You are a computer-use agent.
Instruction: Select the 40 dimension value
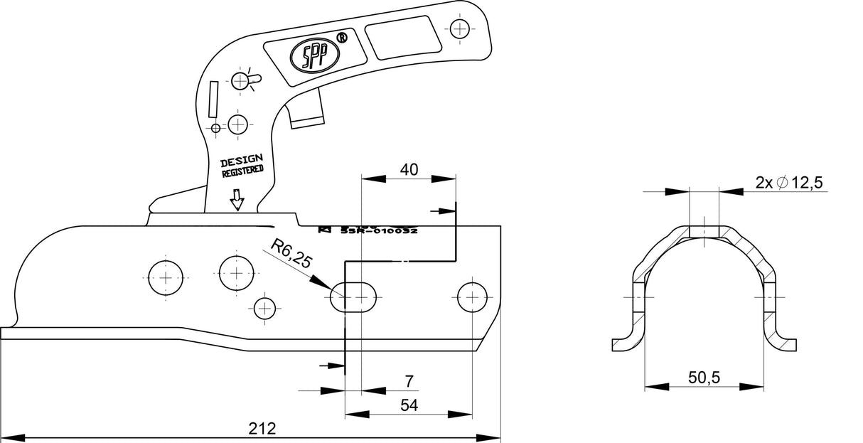pyautogui.click(x=409, y=169)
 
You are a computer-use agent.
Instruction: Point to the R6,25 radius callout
pyautogui.click(x=291, y=254)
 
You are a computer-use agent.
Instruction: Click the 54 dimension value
pyautogui.click(x=409, y=405)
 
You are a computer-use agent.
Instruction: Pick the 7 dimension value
pyautogui.click(x=409, y=382)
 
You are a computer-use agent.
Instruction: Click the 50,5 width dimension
pyautogui.click(x=704, y=378)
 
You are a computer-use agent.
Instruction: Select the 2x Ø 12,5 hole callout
pyautogui.click(x=789, y=183)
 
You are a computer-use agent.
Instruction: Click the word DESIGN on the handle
pyautogui.click(x=241, y=160)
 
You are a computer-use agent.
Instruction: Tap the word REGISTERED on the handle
pyautogui.click(x=242, y=171)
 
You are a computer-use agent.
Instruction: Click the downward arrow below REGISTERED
pyautogui.click(x=237, y=201)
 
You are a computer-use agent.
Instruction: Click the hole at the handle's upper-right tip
pyautogui.click(x=461, y=28)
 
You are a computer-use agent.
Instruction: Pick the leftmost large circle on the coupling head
pyautogui.click(x=166, y=277)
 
